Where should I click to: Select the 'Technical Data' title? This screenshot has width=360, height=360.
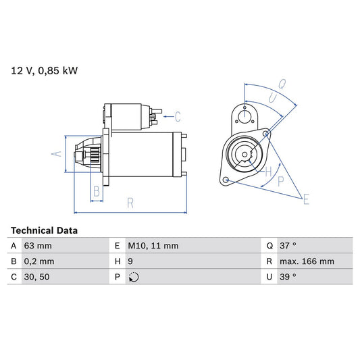point(44,230)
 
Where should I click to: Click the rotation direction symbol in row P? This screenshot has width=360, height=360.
point(133,277)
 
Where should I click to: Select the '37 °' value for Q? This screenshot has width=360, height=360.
point(292,246)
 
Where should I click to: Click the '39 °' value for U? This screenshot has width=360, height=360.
point(292,277)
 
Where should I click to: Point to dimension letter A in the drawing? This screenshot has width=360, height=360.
point(57,155)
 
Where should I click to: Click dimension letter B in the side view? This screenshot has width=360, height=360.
point(97,192)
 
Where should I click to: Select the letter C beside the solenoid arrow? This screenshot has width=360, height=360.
point(178,115)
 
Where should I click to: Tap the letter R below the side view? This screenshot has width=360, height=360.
point(130,203)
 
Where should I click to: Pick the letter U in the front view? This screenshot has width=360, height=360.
point(272,99)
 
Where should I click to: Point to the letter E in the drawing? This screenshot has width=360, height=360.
point(306,199)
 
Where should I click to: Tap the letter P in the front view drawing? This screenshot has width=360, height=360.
point(280,181)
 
